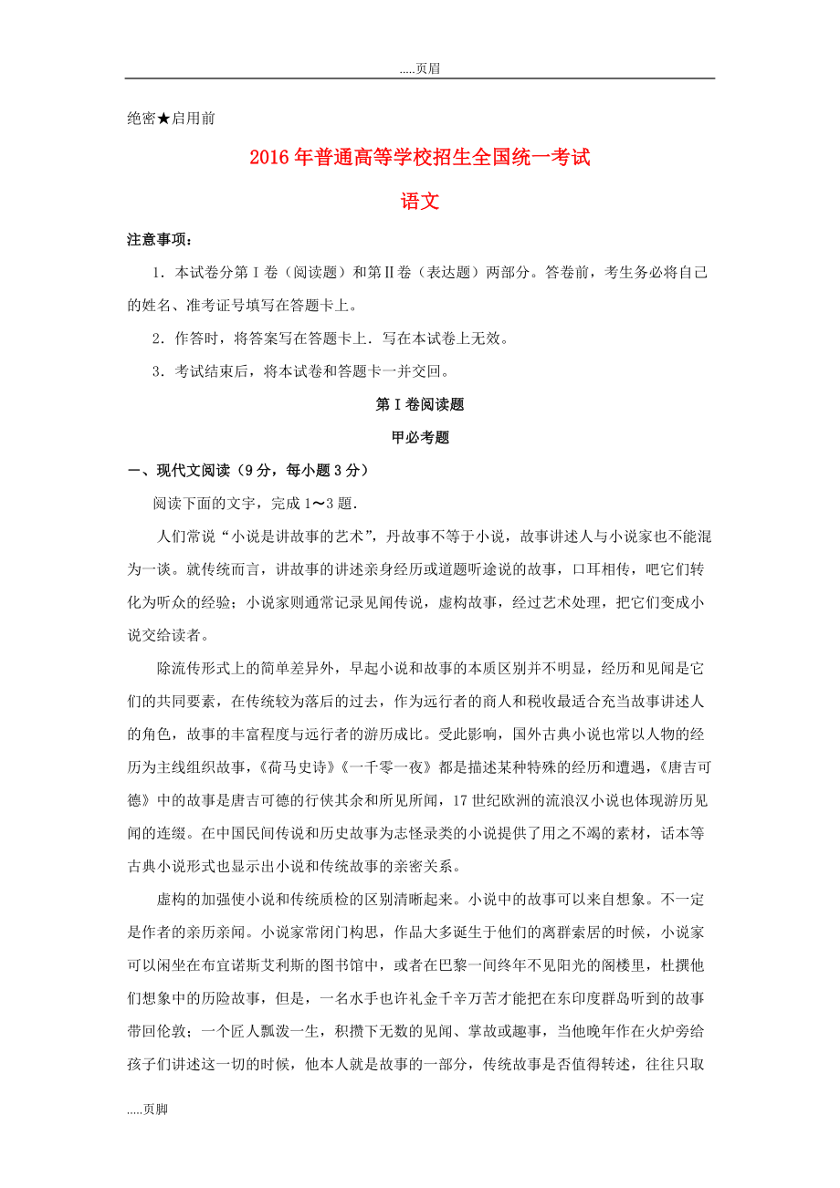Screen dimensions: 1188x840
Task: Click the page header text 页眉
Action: [x=427, y=68]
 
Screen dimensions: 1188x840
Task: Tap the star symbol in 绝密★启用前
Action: [x=164, y=118]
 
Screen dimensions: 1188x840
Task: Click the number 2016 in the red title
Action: [x=269, y=158]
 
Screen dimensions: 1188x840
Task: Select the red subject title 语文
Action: [x=420, y=201]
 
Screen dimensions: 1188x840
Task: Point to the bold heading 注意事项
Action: [x=159, y=240]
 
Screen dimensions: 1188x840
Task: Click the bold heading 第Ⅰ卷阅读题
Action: [x=420, y=404]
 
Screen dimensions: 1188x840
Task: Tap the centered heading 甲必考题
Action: [x=420, y=437]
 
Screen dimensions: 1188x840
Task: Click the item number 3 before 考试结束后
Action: [x=158, y=371]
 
